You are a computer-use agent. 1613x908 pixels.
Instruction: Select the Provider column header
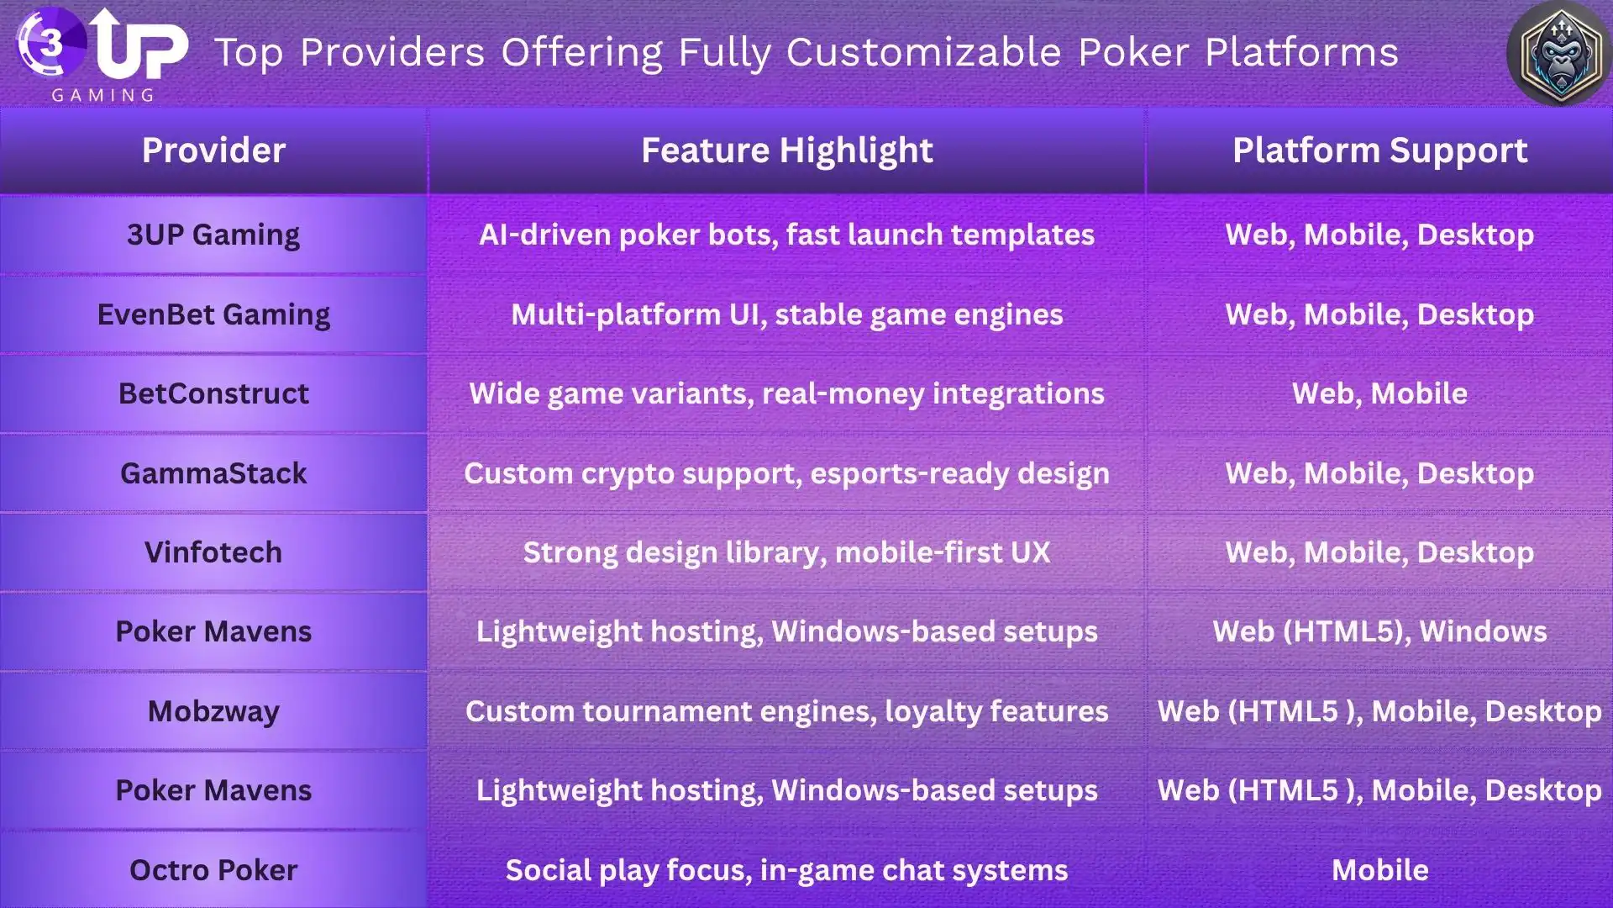[x=213, y=150]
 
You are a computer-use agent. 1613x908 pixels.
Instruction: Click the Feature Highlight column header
[x=786, y=150]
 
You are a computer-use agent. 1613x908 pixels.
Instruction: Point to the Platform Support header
[x=1379, y=150]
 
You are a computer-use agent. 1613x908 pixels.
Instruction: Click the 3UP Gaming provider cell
[x=213, y=235]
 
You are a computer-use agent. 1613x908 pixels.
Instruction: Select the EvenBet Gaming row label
[x=213, y=314]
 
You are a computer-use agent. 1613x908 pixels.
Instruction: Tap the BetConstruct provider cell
[x=213, y=393]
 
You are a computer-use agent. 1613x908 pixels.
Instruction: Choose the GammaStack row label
[x=213, y=473]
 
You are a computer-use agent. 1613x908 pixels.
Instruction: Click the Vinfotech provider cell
[x=213, y=552]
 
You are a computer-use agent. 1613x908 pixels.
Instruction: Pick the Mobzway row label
[x=213, y=711]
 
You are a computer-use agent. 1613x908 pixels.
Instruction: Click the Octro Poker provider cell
[x=213, y=870]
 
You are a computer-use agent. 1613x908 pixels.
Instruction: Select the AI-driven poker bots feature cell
[x=786, y=235]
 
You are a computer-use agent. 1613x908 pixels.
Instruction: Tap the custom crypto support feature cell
[x=786, y=473]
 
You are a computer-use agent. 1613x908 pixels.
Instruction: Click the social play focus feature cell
[x=786, y=870]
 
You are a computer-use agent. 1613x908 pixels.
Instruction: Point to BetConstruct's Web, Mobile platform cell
[x=1379, y=393]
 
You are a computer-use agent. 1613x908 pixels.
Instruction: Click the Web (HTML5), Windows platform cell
[x=1379, y=631]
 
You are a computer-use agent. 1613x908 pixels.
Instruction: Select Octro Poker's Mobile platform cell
[x=1379, y=870]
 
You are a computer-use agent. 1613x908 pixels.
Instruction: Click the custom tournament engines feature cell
[x=786, y=711]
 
